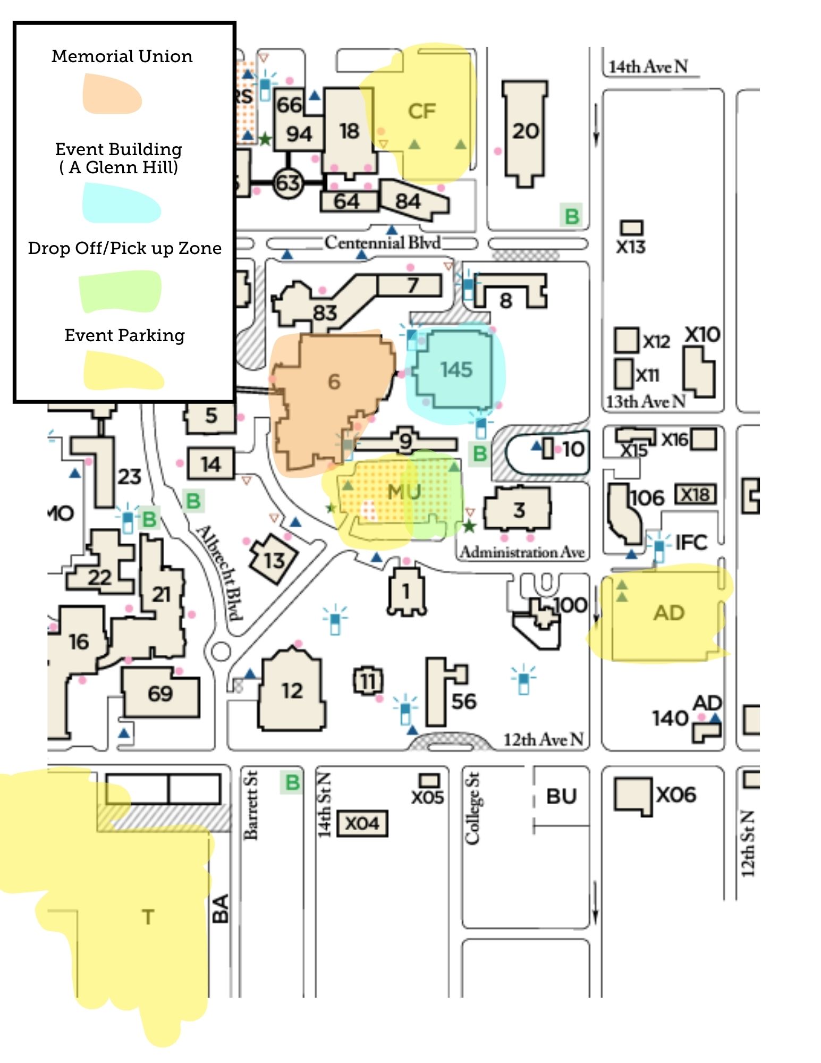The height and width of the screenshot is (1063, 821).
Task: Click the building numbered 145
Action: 456,370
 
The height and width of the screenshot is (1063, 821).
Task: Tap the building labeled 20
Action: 525,131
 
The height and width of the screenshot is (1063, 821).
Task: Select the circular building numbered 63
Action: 287,183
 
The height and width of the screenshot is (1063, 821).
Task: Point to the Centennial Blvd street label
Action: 383,243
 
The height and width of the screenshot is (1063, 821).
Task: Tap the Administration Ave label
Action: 522,553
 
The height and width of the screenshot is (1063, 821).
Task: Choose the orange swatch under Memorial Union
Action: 112,94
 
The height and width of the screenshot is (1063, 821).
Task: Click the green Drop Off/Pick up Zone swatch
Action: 120,291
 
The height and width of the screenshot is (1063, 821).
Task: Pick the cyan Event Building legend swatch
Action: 121,203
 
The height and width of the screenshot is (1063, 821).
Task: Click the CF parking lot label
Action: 422,112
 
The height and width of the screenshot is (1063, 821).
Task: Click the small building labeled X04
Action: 362,823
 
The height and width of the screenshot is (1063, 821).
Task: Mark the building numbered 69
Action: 160,693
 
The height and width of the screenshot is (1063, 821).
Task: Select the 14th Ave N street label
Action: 648,67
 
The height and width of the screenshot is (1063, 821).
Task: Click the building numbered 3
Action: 518,510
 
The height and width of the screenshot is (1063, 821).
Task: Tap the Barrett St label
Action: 251,805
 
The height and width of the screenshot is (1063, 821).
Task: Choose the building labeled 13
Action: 274,560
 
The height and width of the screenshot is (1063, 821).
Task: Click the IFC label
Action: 691,543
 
